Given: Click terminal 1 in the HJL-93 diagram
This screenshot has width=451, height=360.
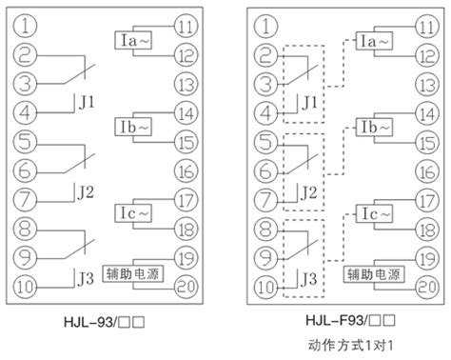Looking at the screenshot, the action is point(25,26).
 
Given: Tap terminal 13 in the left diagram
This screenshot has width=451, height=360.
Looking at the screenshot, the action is point(186,85).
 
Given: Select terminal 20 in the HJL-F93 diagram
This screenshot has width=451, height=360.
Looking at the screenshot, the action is point(427,287).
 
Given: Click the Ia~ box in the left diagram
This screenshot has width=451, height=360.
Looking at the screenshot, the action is point(133,40).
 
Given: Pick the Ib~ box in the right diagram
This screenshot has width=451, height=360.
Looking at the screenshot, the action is point(374,127).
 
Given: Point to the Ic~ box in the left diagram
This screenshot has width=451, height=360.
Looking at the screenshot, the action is point(133,213).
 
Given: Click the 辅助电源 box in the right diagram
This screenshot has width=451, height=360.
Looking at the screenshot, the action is point(374,274).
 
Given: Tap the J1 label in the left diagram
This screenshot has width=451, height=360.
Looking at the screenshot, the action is point(87,103).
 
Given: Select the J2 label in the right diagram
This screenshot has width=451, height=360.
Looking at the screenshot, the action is point(308,192).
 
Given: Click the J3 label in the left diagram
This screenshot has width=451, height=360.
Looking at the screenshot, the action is point(86,279).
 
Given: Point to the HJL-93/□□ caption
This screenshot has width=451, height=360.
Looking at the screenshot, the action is point(105,322).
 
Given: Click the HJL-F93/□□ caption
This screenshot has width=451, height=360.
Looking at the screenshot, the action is point(351,320).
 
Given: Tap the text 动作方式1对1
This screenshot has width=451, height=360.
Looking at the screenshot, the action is point(351,345).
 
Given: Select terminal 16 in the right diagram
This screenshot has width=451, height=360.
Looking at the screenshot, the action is point(427,171).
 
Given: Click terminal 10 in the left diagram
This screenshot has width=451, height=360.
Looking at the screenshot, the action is point(25,287).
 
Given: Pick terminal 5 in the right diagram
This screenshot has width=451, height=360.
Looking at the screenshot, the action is point(266,142).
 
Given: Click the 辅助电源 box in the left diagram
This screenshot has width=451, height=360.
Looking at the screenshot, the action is point(133,274).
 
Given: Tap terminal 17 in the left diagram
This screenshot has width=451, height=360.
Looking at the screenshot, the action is point(186,201).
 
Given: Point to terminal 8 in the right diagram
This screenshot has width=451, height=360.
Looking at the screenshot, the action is point(266,230).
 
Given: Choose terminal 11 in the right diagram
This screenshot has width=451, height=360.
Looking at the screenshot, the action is point(427,27).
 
